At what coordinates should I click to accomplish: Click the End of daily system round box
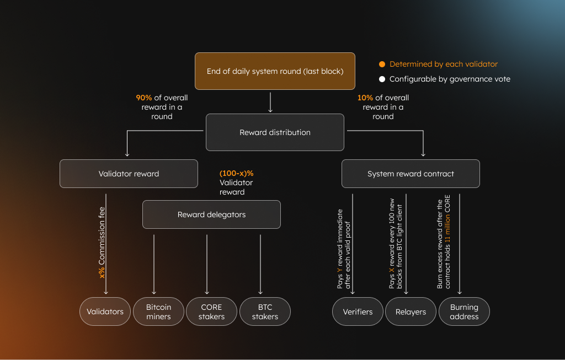coord(275,71)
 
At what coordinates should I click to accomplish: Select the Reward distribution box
coord(275,132)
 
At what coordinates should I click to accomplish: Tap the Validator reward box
coord(129,174)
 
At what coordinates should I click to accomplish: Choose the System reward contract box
coord(411,174)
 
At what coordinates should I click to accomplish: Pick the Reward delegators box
coord(211,214)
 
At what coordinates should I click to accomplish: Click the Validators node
coord(105,311)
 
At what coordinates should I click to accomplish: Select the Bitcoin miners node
coord(158,311)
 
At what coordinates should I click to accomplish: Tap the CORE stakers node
coord(211,311)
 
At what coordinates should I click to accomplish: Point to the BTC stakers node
coord(265,311)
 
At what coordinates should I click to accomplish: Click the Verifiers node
coord(358,311)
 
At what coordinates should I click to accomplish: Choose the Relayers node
coord(411,311)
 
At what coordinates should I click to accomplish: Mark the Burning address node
coord(464,311)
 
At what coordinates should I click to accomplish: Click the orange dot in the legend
coord(382,64)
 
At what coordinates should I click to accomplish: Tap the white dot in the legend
coord(382,79)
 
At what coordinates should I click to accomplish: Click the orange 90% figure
coord(144,98)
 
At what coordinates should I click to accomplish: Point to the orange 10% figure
coord(365,98)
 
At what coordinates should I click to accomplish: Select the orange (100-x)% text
coord(236,173)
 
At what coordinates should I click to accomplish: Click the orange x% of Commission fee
coord(102,272)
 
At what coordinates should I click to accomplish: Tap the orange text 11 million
coord(448,226)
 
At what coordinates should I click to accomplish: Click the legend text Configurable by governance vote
coord(450,79)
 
